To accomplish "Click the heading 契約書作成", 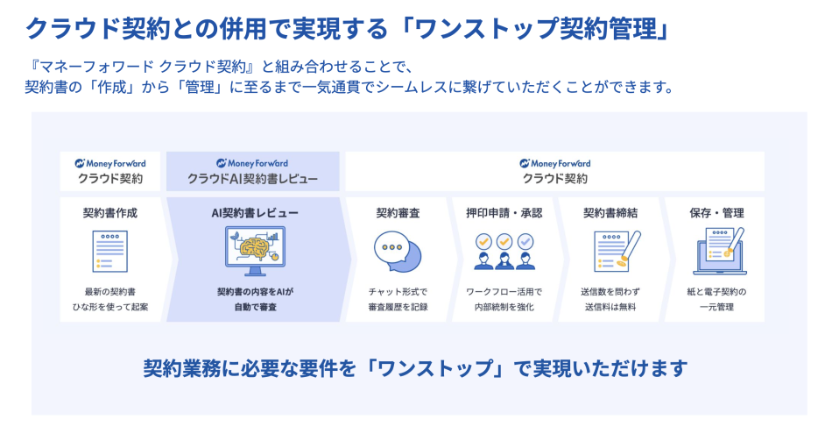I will click(110, 213).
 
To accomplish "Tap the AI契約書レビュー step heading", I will click(255, 213).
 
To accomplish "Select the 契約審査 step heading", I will click(398, 213).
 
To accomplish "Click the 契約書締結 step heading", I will click(610, 213).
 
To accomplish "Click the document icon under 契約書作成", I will click(110, 253).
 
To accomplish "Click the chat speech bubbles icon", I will click(398, 253).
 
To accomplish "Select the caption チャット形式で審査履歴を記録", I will click(398, 299).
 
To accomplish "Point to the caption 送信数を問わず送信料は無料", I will click(610, 299).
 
